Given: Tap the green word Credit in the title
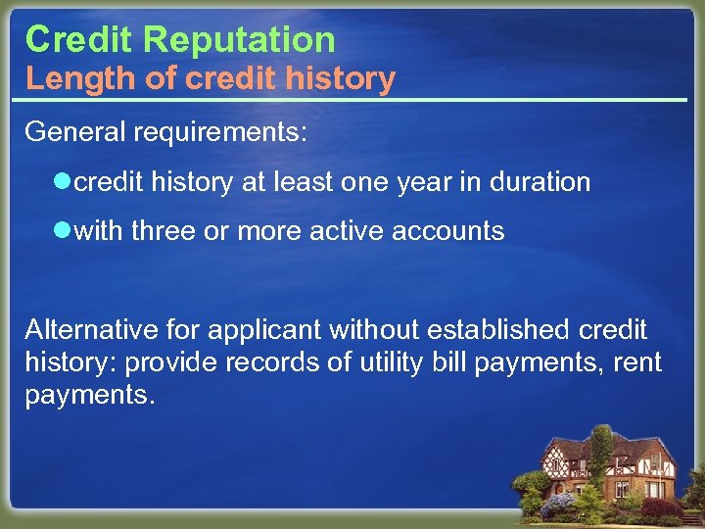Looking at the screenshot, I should pos(80,39).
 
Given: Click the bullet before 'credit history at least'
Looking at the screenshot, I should pos(65,182).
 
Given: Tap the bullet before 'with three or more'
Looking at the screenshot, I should pos(65,231).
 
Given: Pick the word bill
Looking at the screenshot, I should pos(449,362).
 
